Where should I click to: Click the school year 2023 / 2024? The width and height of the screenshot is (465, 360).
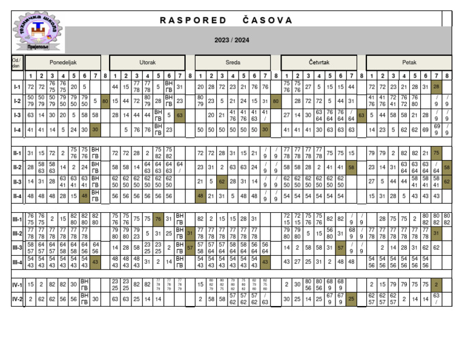point(231,40)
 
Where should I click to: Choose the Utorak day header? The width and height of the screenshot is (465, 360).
point(148,62)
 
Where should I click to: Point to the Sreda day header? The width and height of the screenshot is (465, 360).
point(232,62)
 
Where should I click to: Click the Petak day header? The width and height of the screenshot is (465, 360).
point(409,62)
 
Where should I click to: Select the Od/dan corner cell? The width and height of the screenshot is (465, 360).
point(17,62)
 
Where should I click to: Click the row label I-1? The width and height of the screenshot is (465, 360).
point(18,87)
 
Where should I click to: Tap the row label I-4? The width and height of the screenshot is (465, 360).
point(18,130)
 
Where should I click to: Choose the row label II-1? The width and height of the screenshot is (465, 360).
point(18,154)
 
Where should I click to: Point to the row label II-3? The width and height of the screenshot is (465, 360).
point(18,181)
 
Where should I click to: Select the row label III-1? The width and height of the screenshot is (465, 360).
point(18,219)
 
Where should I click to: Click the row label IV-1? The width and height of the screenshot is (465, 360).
point(18,285)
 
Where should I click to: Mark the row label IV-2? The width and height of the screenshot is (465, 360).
point(18,299)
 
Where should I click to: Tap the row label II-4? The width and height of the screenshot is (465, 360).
point(18,196)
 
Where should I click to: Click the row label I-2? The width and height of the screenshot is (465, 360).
point(18,101)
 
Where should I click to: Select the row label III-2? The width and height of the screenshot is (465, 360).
point(18,233)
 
